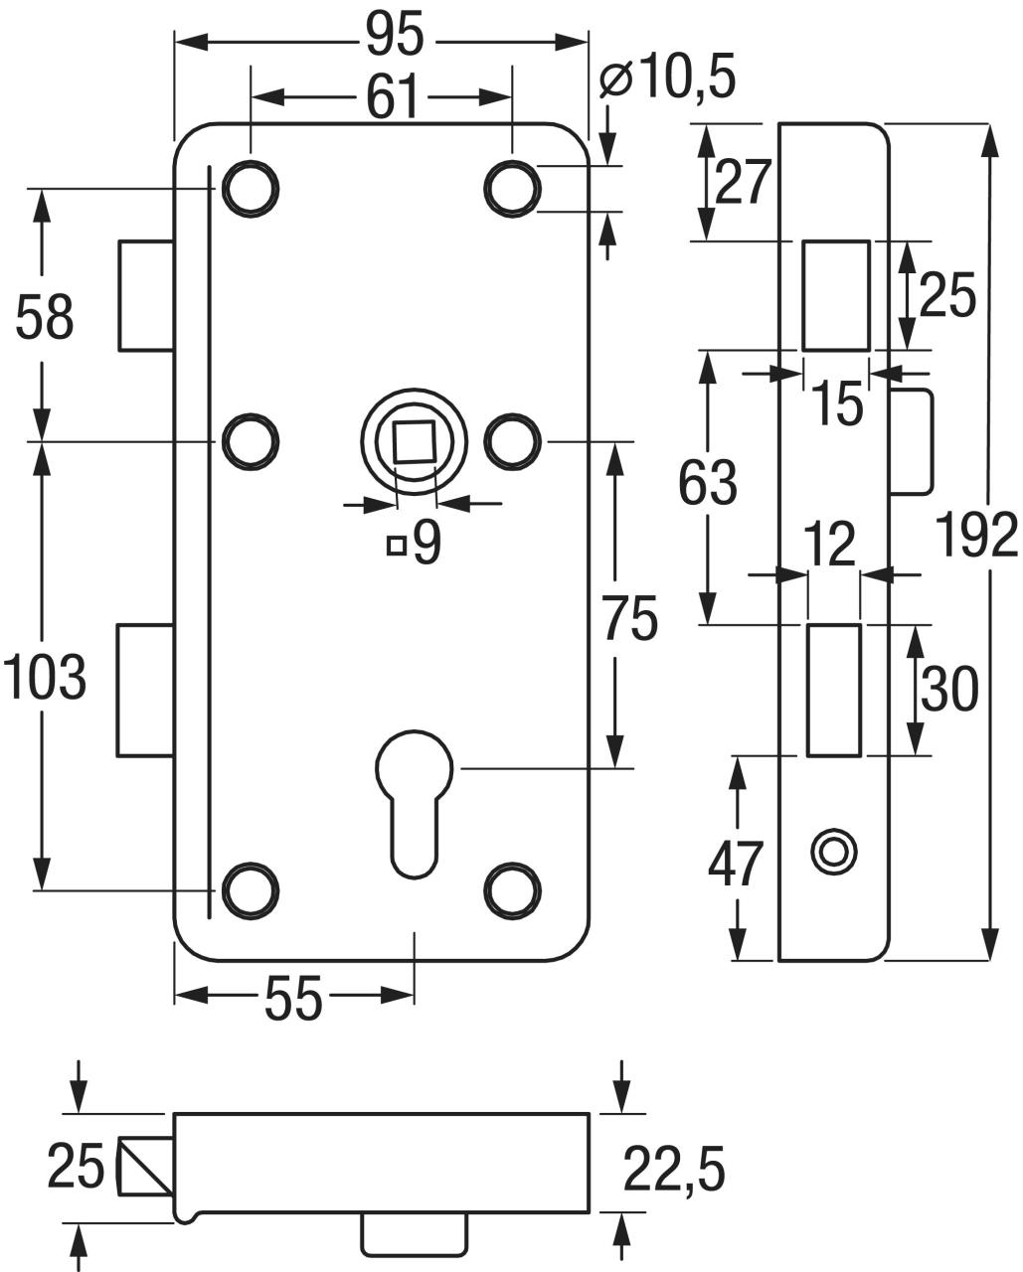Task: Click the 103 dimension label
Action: click(x=44, y=679)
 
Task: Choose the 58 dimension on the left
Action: click(x=44, y=320)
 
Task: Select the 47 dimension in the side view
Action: click(x=736, y=863)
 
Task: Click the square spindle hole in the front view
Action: click(x=415, y=440)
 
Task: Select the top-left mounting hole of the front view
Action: click(x=250, y=187)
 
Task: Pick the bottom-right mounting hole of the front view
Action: click(x=513, y=889)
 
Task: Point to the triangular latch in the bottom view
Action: click(x=145, y=1167)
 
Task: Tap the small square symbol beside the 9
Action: click(x=397, y=545)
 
